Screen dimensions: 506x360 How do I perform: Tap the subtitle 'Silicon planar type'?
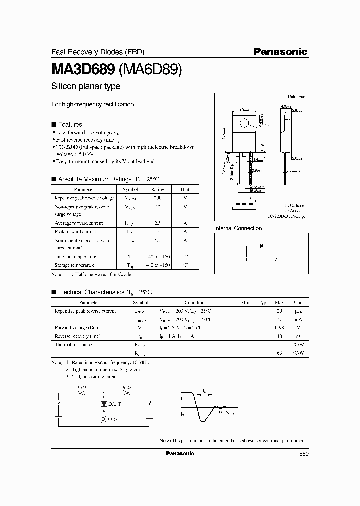86,86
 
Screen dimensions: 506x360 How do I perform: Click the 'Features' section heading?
70,124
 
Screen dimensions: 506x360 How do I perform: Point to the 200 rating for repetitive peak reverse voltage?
158,198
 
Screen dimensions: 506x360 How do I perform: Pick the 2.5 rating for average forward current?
158,223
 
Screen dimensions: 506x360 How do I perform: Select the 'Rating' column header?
158,189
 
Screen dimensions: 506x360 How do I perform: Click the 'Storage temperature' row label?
74,265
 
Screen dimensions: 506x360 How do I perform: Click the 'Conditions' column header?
195,302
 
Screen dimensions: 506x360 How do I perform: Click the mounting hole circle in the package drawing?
245,123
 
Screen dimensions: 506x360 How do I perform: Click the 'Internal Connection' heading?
238,228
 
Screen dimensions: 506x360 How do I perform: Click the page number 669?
303,453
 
